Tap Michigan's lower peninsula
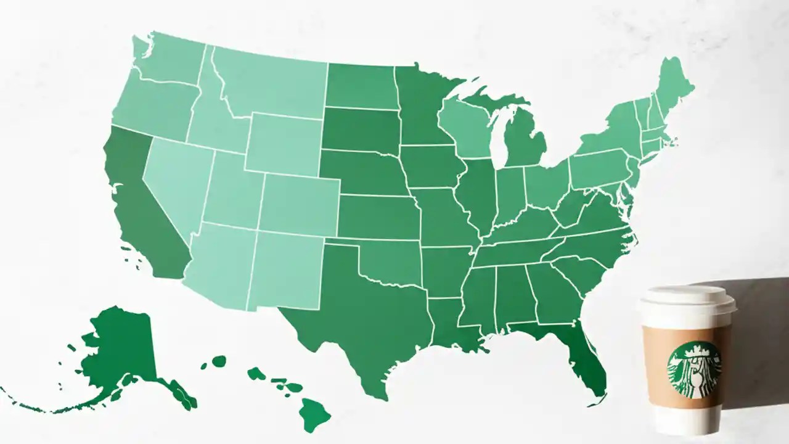tap(524, 139)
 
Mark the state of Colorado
tap(299, 203)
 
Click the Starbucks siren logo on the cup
tap(693, 370)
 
